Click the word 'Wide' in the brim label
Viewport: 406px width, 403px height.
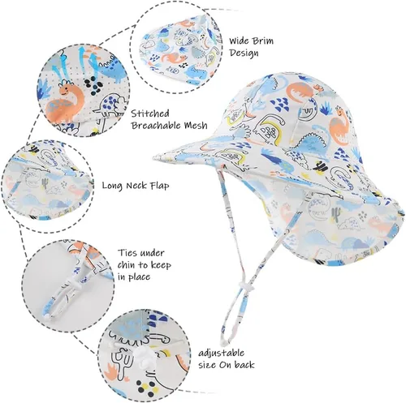click(239, 41)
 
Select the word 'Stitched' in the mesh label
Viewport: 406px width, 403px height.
click(150, 114)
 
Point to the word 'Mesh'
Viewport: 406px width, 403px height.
click(196, 126)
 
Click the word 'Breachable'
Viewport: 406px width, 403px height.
click(156, 126)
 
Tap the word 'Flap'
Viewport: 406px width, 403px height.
click(159, 186)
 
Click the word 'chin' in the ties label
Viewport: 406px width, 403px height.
click(127, 265)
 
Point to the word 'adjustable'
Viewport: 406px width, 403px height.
click(222, 354)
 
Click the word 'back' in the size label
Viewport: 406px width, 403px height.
click(244, 365)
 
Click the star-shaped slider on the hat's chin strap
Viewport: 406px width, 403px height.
click(244, 285)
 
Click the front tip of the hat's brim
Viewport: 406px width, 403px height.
click(153, 157)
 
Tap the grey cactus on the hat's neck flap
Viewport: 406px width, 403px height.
click(335, 214)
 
